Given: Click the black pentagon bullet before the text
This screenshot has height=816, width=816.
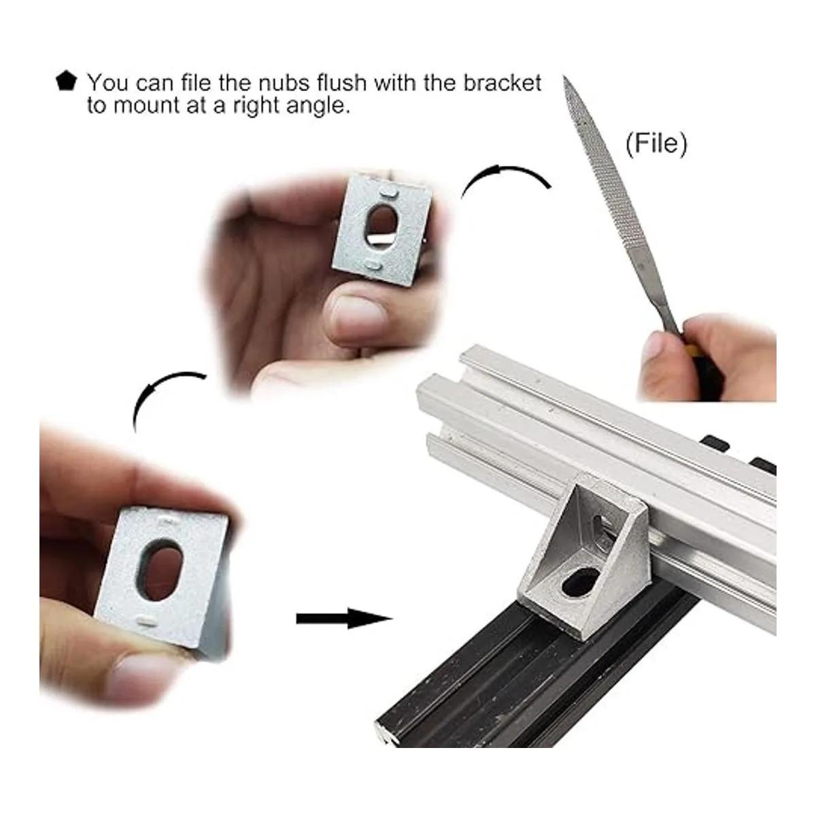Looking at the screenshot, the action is (x=66, y=82).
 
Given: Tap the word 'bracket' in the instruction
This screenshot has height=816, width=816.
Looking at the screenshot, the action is (x=502, y=82).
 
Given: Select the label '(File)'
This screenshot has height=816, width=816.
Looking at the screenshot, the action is (x=656, y=144).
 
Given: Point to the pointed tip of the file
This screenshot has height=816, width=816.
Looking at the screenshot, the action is (x=564, y=77).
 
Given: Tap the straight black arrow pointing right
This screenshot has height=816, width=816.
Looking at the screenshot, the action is (x=343, y=619).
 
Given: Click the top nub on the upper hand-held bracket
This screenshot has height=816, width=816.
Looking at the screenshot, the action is (x=388, y=192).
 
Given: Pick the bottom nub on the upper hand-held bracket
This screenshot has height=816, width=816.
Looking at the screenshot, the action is (x=373, y=265).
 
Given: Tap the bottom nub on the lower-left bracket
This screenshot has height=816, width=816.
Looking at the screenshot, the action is (x=146, y=621).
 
